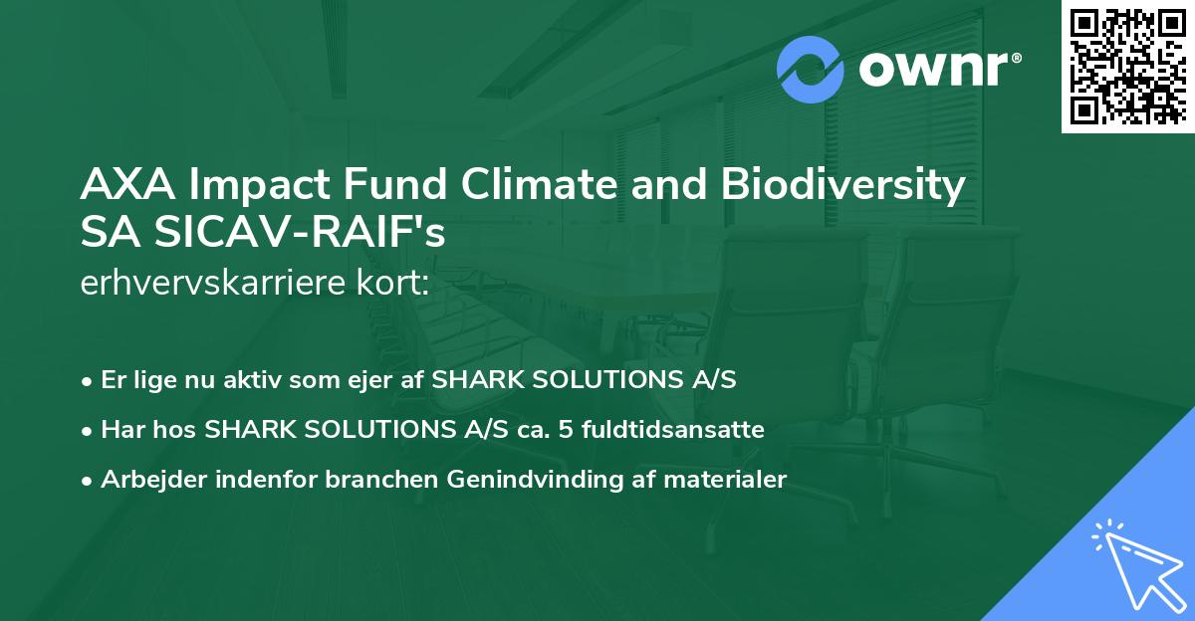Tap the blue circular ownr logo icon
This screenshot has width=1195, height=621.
point(811,70)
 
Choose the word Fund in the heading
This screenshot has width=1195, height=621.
point(388,186)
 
